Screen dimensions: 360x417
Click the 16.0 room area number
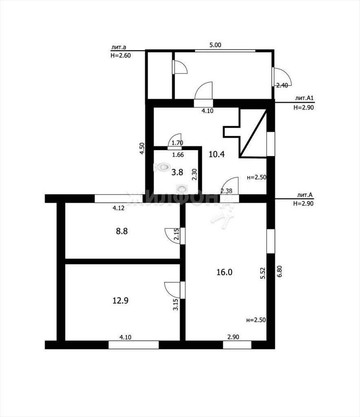pos(225,272)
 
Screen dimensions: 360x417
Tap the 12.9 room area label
pos(120,301)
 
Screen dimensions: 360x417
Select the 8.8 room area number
pos(121,231)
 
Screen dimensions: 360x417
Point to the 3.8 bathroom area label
pos(177,172)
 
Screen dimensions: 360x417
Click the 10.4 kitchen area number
pos(216,154)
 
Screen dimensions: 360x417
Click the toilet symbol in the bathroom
pos(162,167)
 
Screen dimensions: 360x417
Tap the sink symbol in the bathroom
pos(181,189)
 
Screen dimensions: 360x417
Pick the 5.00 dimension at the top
pos(215,45)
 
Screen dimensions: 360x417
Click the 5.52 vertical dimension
pos(263,273)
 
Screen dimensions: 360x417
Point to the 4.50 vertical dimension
pos(142,149)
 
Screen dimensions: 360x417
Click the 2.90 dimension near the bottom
pos(233,337)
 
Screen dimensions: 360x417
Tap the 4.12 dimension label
pos(119,208)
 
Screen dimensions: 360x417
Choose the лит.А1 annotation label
pos(305,98)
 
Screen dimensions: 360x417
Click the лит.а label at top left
pos(119,47)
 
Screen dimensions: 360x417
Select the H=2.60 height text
pos(121,55)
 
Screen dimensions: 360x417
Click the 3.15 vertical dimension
pos(175,305)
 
